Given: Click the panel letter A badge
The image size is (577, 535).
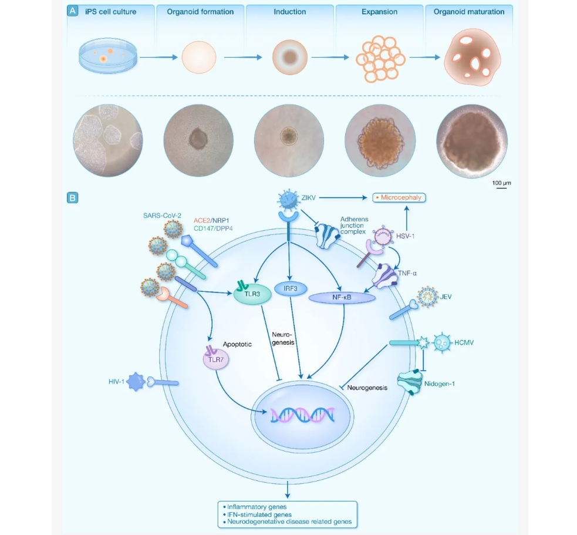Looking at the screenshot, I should [72, 10].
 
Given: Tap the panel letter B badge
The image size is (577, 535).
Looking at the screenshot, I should [72, 198].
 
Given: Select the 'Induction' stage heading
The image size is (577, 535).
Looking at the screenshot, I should [289, 11].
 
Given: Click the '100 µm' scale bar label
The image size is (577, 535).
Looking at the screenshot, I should [501, 183].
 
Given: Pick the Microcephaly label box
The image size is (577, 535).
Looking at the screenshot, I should [399, 198].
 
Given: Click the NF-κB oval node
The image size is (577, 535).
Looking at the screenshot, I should [342, 298].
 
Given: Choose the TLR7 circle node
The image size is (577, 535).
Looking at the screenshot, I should [215, 359].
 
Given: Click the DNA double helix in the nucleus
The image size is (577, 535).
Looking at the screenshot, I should [302, 415].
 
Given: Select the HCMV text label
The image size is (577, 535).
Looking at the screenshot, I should [464, 342].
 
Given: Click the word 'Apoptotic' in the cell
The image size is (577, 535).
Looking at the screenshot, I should [237, 344].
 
